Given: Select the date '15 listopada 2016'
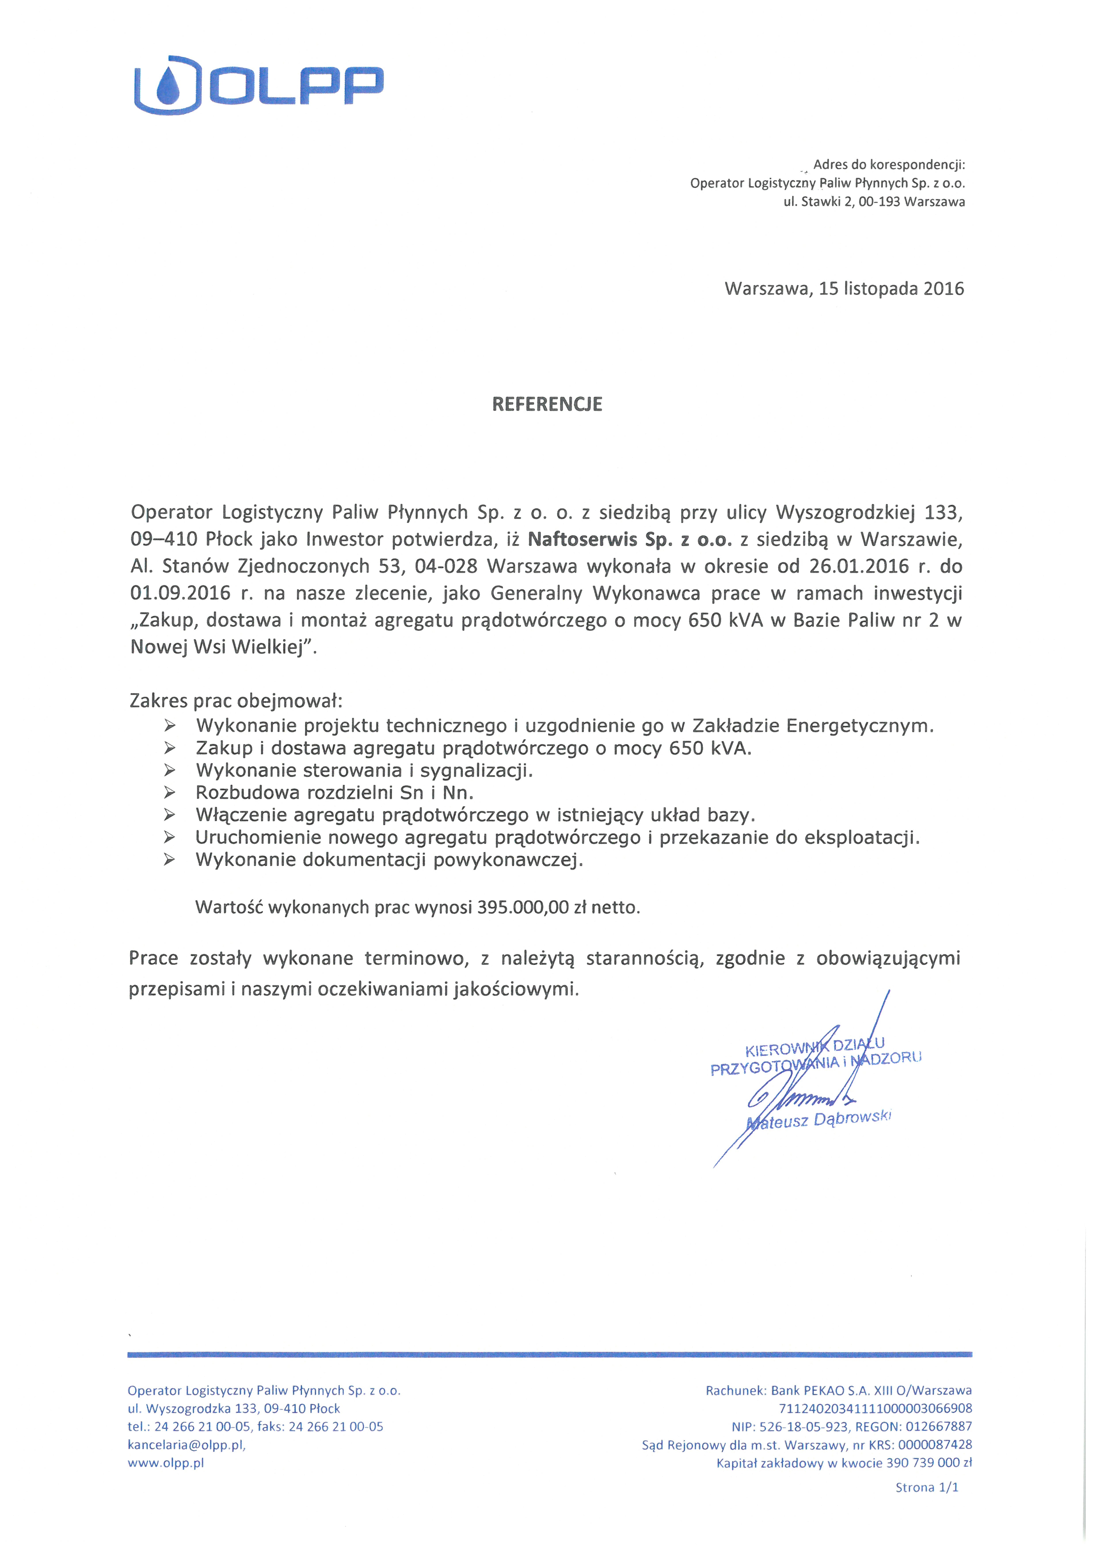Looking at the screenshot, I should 891,289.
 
